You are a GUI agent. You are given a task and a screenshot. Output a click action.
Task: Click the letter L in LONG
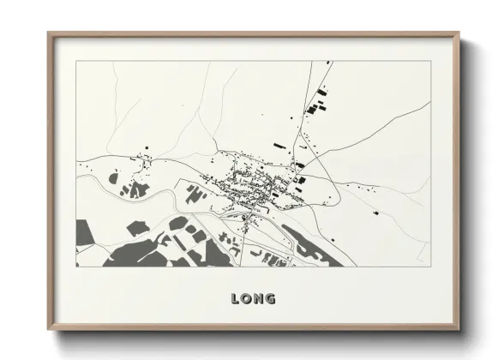coord(235,299)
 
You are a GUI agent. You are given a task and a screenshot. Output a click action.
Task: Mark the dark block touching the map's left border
coord(83,232)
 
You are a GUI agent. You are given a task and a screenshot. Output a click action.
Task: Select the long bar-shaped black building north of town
coord(279,146)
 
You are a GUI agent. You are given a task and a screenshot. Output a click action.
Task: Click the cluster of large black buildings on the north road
coord(318,106)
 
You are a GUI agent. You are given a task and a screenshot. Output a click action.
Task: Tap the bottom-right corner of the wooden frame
coord(459,330)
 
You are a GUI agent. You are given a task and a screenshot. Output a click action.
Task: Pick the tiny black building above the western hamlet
coord(147,149)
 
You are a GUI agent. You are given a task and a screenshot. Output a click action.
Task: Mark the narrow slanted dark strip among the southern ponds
coord(198,236)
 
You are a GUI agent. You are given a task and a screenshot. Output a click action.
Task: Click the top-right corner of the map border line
coord(429,61)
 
